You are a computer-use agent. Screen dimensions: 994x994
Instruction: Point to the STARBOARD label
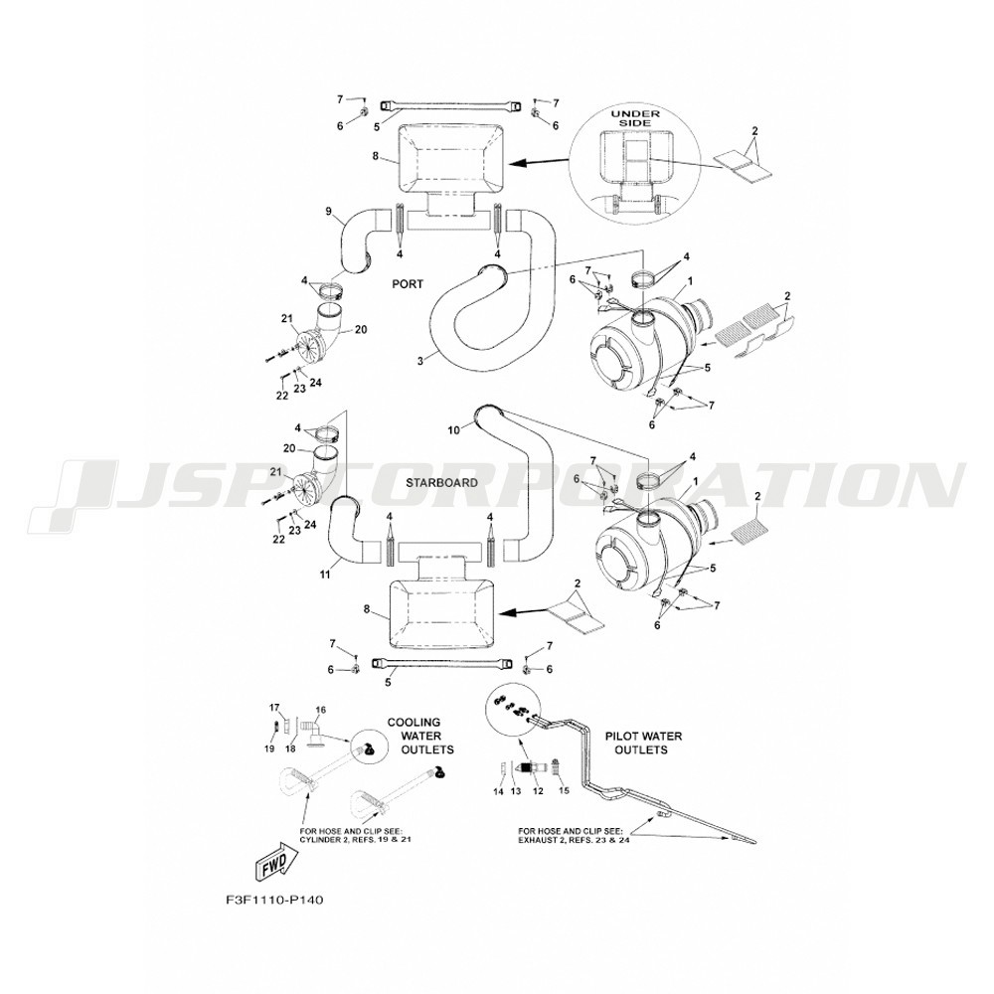[442, 482]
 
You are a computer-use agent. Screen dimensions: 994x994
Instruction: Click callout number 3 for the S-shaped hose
[421, 360]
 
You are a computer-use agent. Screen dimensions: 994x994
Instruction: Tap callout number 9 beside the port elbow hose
[329, 210]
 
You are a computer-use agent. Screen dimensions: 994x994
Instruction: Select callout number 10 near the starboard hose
[453, 429]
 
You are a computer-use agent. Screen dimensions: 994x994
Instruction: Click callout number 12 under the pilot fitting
[537, 791]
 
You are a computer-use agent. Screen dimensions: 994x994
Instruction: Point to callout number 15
[564, 791]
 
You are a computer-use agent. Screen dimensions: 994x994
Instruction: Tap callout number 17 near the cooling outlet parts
[275, 707]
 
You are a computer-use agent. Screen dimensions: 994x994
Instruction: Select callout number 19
[268, 748]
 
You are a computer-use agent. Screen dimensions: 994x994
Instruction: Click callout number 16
[320, 710]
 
